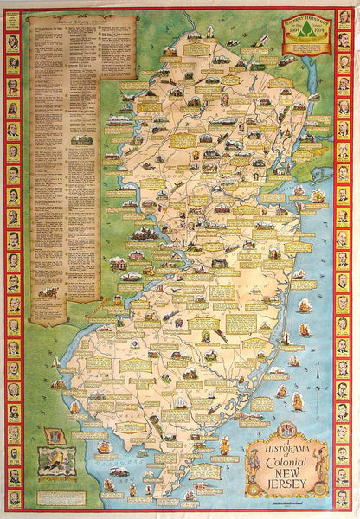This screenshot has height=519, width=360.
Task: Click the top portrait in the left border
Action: tap(13, 16)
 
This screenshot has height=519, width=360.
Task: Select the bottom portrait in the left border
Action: tap(13, 499)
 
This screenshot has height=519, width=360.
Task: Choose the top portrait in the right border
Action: tap(345, 16)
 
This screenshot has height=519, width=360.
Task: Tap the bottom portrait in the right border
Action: tap(345, 499)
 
